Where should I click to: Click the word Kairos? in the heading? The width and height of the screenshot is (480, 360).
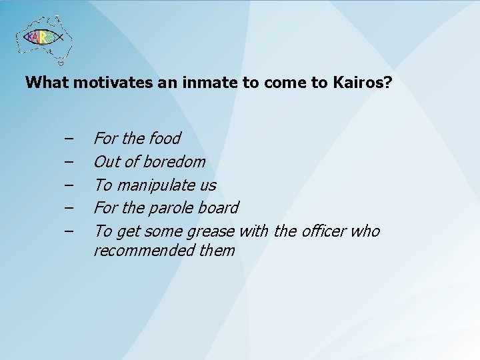[x=365, y=83]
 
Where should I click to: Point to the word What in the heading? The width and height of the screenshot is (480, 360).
[x=47, y=83]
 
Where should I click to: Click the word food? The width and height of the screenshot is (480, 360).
[x=165, y=138]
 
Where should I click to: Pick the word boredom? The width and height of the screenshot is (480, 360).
[x=173, y=161]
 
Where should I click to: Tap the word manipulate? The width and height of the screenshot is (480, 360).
[x=157, y=185]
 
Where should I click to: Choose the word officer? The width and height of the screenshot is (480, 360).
[x=325, y=231]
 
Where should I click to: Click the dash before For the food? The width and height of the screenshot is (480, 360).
[x=69, y=139]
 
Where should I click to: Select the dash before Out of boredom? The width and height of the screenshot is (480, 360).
[x=69, y=162]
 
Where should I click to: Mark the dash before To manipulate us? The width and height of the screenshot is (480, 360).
[x=69, y=185]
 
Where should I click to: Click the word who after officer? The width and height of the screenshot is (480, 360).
[x=365, y=231]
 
